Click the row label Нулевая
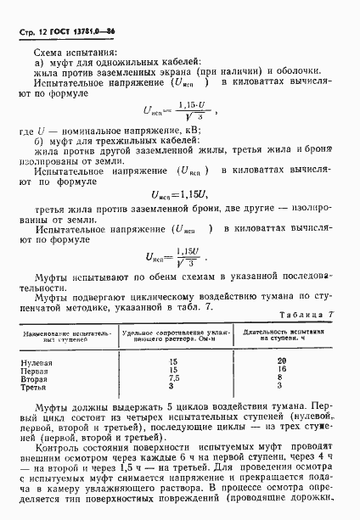point(37,361)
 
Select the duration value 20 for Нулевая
point(283,361)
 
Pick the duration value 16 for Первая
point(283,370)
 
